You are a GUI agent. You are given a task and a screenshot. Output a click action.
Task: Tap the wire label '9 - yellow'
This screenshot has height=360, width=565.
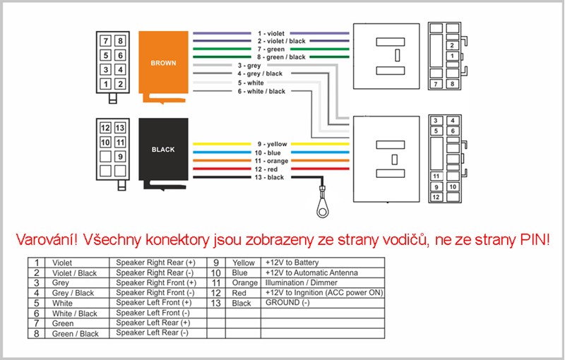click(272, 144)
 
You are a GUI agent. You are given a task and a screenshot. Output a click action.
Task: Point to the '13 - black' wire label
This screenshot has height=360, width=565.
click(270, 177)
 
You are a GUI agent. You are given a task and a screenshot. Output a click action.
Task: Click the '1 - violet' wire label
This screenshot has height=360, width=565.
click(271, 33)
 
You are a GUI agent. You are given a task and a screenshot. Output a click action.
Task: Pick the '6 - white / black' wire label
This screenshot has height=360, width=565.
click(261, 92)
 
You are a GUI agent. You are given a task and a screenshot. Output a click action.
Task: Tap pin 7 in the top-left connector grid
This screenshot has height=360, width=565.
click(105, 41)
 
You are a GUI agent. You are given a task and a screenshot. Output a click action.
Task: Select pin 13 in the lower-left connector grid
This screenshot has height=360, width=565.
click(120, 128)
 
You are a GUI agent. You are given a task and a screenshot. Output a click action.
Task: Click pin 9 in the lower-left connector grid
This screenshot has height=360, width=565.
click(120, 156)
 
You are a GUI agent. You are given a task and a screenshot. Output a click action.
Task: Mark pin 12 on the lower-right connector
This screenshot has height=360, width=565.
click(436, 197)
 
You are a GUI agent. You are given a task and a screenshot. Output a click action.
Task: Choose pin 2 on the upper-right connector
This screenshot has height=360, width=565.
click(452, 45)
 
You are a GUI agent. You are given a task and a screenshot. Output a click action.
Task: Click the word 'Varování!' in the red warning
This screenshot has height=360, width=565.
click(47, 240)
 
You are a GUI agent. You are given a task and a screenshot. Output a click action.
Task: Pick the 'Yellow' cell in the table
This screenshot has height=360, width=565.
click(243, 263)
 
